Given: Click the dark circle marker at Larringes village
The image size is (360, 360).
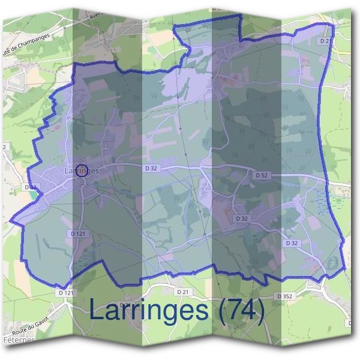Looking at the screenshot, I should coord(83,170).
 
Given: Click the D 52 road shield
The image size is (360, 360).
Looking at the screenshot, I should coord(261,175).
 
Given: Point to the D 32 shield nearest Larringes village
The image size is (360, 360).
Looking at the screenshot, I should coord(150,169).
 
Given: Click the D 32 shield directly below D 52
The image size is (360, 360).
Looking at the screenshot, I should coord(241,219).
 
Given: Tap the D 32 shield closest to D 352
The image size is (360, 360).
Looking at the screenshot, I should coord(292,243).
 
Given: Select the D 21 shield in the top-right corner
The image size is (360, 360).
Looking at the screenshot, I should coord(325,41).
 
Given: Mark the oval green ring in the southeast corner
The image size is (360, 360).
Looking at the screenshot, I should coord(331,262).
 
